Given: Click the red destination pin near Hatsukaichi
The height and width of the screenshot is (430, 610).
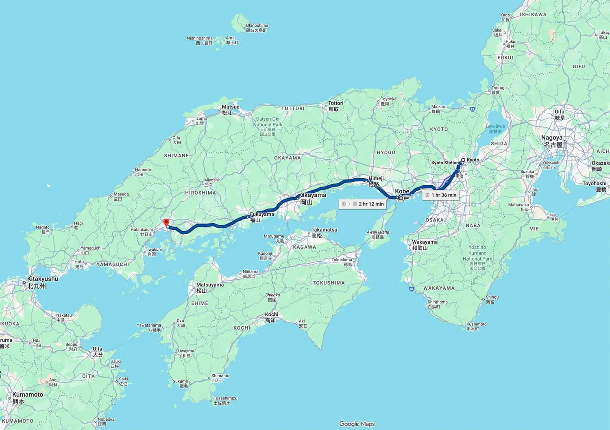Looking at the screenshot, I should click(166, 222).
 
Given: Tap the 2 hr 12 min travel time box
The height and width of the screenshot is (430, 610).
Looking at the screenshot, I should click(362, 204).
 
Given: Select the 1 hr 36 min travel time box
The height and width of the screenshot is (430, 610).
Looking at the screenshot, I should click(440, 195).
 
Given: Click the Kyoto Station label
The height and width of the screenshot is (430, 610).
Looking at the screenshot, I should click(445, 163).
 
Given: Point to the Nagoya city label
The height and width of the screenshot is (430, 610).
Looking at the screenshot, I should click(552, 141).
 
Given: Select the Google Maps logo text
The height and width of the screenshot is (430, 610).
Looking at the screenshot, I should click(357, 424).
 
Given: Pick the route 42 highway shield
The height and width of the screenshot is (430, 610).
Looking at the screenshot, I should click(412, 289).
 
